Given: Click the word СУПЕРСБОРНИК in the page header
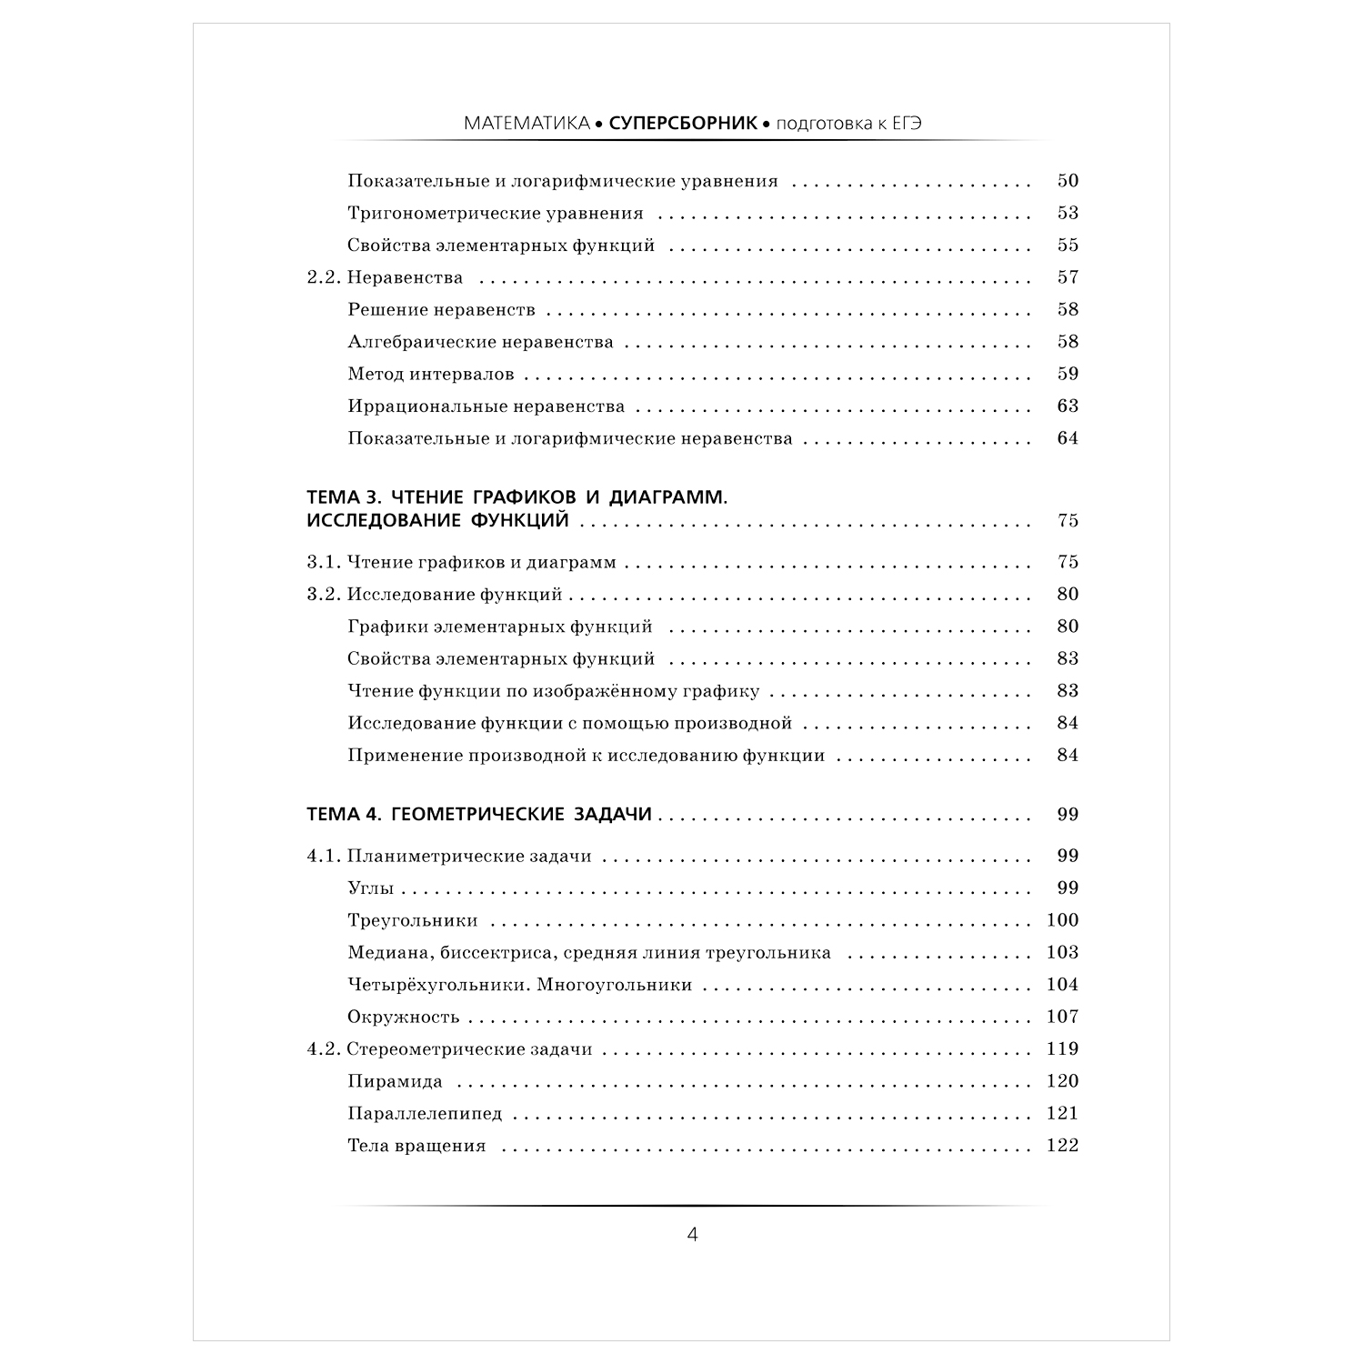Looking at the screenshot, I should pos(683,124).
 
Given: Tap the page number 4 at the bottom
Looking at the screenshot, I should pos(692,1235).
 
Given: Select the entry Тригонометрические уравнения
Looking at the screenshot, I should pos(496,214).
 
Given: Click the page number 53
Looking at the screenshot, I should pos(1068,214).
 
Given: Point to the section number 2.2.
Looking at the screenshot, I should pos(323,278).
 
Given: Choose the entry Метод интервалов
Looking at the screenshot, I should pos(431,375).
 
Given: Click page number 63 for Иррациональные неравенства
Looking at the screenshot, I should pos(1068,406).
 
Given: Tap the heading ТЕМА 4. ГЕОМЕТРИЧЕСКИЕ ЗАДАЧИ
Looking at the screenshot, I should pos(479,815).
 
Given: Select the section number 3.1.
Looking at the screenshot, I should pos(323,563).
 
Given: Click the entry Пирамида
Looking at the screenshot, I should pos(395,1082).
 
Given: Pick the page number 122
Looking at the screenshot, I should pos(1062,1146).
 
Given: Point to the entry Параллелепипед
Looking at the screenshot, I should pos(425,1114).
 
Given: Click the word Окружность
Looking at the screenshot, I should pos(404,1018).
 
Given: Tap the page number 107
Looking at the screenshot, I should pos(1062,1018).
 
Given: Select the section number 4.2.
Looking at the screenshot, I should pos(323,1049).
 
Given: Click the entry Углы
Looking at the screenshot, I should pos(371,888).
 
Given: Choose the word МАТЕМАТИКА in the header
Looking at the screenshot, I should pos(527,124).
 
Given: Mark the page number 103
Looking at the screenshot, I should pos(1062,953).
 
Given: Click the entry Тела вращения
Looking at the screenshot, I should pos(416,1146).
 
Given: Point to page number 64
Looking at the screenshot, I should pos(1068,438).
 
